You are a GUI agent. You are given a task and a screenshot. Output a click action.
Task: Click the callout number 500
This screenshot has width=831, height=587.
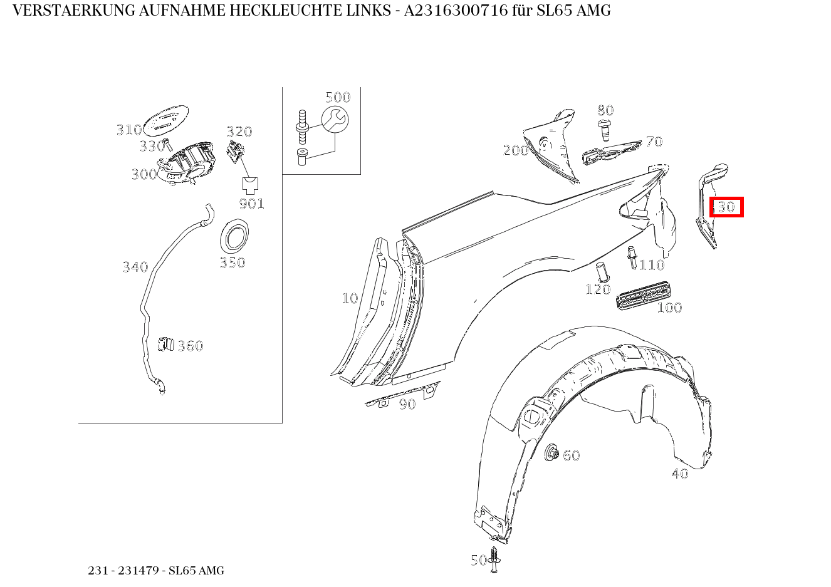tap(337, 97)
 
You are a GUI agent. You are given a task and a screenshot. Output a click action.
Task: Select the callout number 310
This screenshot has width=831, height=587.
tap(128, 130)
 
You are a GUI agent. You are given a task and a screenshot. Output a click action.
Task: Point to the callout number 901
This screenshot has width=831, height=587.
tap(251, 204)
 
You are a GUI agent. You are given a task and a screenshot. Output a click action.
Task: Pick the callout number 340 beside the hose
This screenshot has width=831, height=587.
tap(135, 268)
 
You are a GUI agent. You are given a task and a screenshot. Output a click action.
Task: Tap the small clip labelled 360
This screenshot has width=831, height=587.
tap(165, 344)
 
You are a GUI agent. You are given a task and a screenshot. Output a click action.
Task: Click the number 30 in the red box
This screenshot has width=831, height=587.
tap(726, 207)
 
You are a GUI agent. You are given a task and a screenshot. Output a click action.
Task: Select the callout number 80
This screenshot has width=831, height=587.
tap(605, 110)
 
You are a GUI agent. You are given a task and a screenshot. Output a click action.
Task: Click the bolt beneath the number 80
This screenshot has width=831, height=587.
tap(605, 130)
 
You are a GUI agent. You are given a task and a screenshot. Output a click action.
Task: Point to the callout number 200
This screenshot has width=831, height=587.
tap(515, 150)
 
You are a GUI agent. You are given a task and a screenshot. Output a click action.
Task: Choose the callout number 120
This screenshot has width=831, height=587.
tap(597, 289)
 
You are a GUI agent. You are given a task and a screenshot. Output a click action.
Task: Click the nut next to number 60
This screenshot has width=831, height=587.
tap(553, 452)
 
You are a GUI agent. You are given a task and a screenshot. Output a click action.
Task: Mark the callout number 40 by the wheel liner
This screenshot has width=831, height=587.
tap(679, 474)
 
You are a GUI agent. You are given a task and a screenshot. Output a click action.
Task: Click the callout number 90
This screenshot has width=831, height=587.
tap(407, 405)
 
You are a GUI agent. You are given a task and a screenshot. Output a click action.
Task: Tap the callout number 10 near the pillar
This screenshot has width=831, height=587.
tap(350, 298)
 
